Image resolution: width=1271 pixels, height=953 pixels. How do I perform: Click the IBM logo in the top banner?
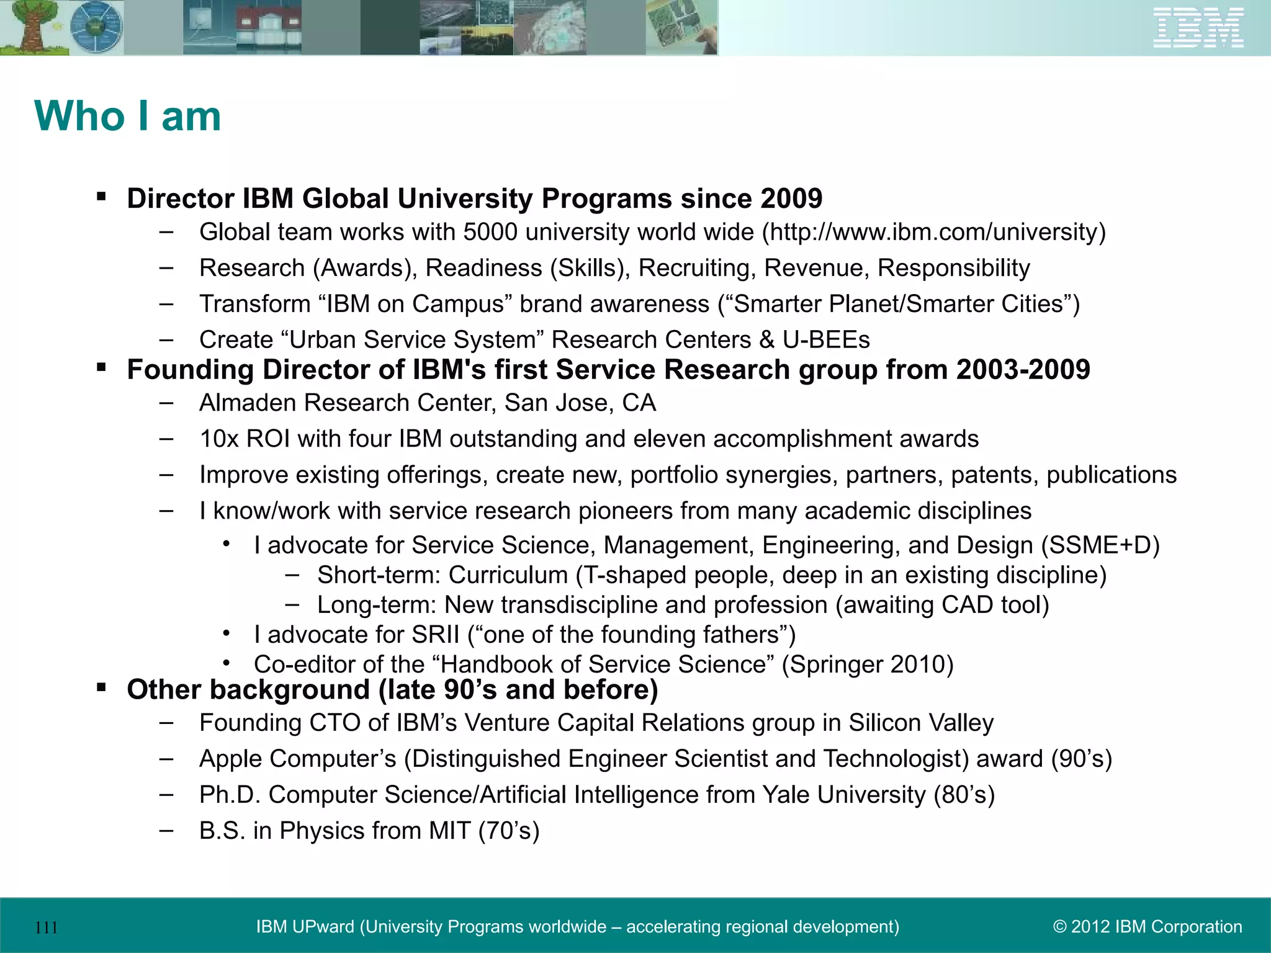point(1198,28)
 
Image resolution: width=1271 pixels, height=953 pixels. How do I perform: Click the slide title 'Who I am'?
point(128,116)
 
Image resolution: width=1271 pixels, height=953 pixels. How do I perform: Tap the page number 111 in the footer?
point(47,928)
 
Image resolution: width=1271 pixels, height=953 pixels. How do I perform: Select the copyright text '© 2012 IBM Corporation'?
point(1147,927)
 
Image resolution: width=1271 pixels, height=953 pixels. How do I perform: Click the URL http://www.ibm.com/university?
point(933,232)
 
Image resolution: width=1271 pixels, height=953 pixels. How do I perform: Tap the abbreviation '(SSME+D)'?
point(1100,545)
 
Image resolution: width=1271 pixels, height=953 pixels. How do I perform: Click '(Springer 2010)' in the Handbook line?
point(868,664)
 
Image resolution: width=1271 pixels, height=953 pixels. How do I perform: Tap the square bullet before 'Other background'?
point(101,687)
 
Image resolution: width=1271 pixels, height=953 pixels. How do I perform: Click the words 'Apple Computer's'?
point(297,759)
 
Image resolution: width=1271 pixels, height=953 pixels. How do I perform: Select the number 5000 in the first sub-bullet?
point(490,232)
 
